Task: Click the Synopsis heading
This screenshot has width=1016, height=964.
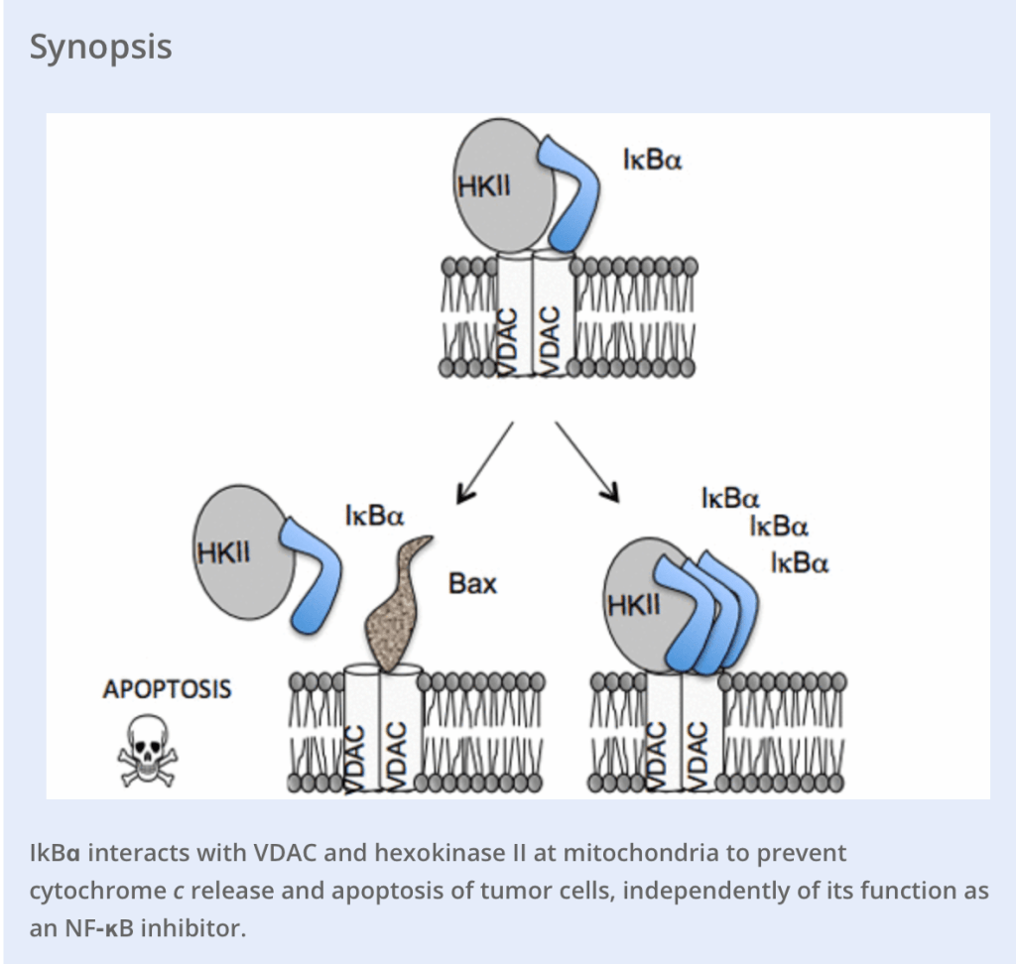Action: [x=100, y=47]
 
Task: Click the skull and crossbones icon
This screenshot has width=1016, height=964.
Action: [x=147, y=749]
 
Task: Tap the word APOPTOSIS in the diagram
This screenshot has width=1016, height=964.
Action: [x=167, y=688]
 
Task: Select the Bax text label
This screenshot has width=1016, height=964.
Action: [x=472, y=583]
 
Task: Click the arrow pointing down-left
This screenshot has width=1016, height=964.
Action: [x=483, y=461]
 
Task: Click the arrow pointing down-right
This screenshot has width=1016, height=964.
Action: [x=587, y=461]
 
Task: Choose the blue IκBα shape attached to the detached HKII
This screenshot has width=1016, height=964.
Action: [x=314, y=576]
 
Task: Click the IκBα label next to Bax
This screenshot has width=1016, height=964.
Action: [x=374, y=517]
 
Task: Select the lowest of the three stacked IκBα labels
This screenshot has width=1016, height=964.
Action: [x=800, y=564]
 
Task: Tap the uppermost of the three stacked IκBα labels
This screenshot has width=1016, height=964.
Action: [x=729, y=499]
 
